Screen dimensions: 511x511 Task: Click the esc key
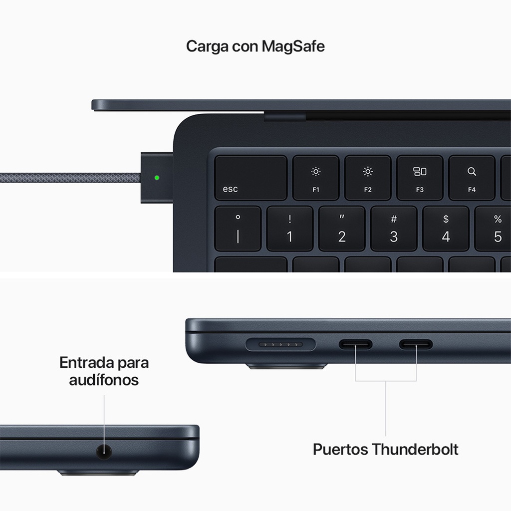pyautogui.click(x=251, y=178)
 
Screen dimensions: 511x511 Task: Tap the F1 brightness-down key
pyautogui.click(x=316, y=178)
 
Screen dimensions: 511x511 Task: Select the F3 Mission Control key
pyautogui.click(x=420, y=178)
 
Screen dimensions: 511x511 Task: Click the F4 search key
pyautogui.click(x=472, y=178)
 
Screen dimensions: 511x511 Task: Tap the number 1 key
pyautogui.click(x=289, y=229)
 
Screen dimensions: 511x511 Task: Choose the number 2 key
pyautogui.click(x=342, y=229)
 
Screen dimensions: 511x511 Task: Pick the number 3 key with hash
pyautogui.click(x=394, y=229)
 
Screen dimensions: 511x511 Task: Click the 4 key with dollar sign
pyautogui.click(x=446, y=229)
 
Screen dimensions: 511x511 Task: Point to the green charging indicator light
pyautogui.click(x=158, y=177)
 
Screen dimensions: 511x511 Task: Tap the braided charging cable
pyautogui.click(x=70, y=178)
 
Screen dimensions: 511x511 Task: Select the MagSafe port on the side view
pyautogui.click(x=281, y=344)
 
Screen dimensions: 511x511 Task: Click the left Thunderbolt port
pyautogui.click(x=356, y=344)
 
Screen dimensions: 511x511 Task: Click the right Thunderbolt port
pyautogui.click(x=416, y=344)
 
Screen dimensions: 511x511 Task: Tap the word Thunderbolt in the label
pyautogui.click(x=415, y=449)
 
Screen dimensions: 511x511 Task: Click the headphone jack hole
pyautogui.click(x=103, y=453)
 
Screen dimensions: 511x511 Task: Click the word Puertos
pyautogui.click(x=341, y=449)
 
